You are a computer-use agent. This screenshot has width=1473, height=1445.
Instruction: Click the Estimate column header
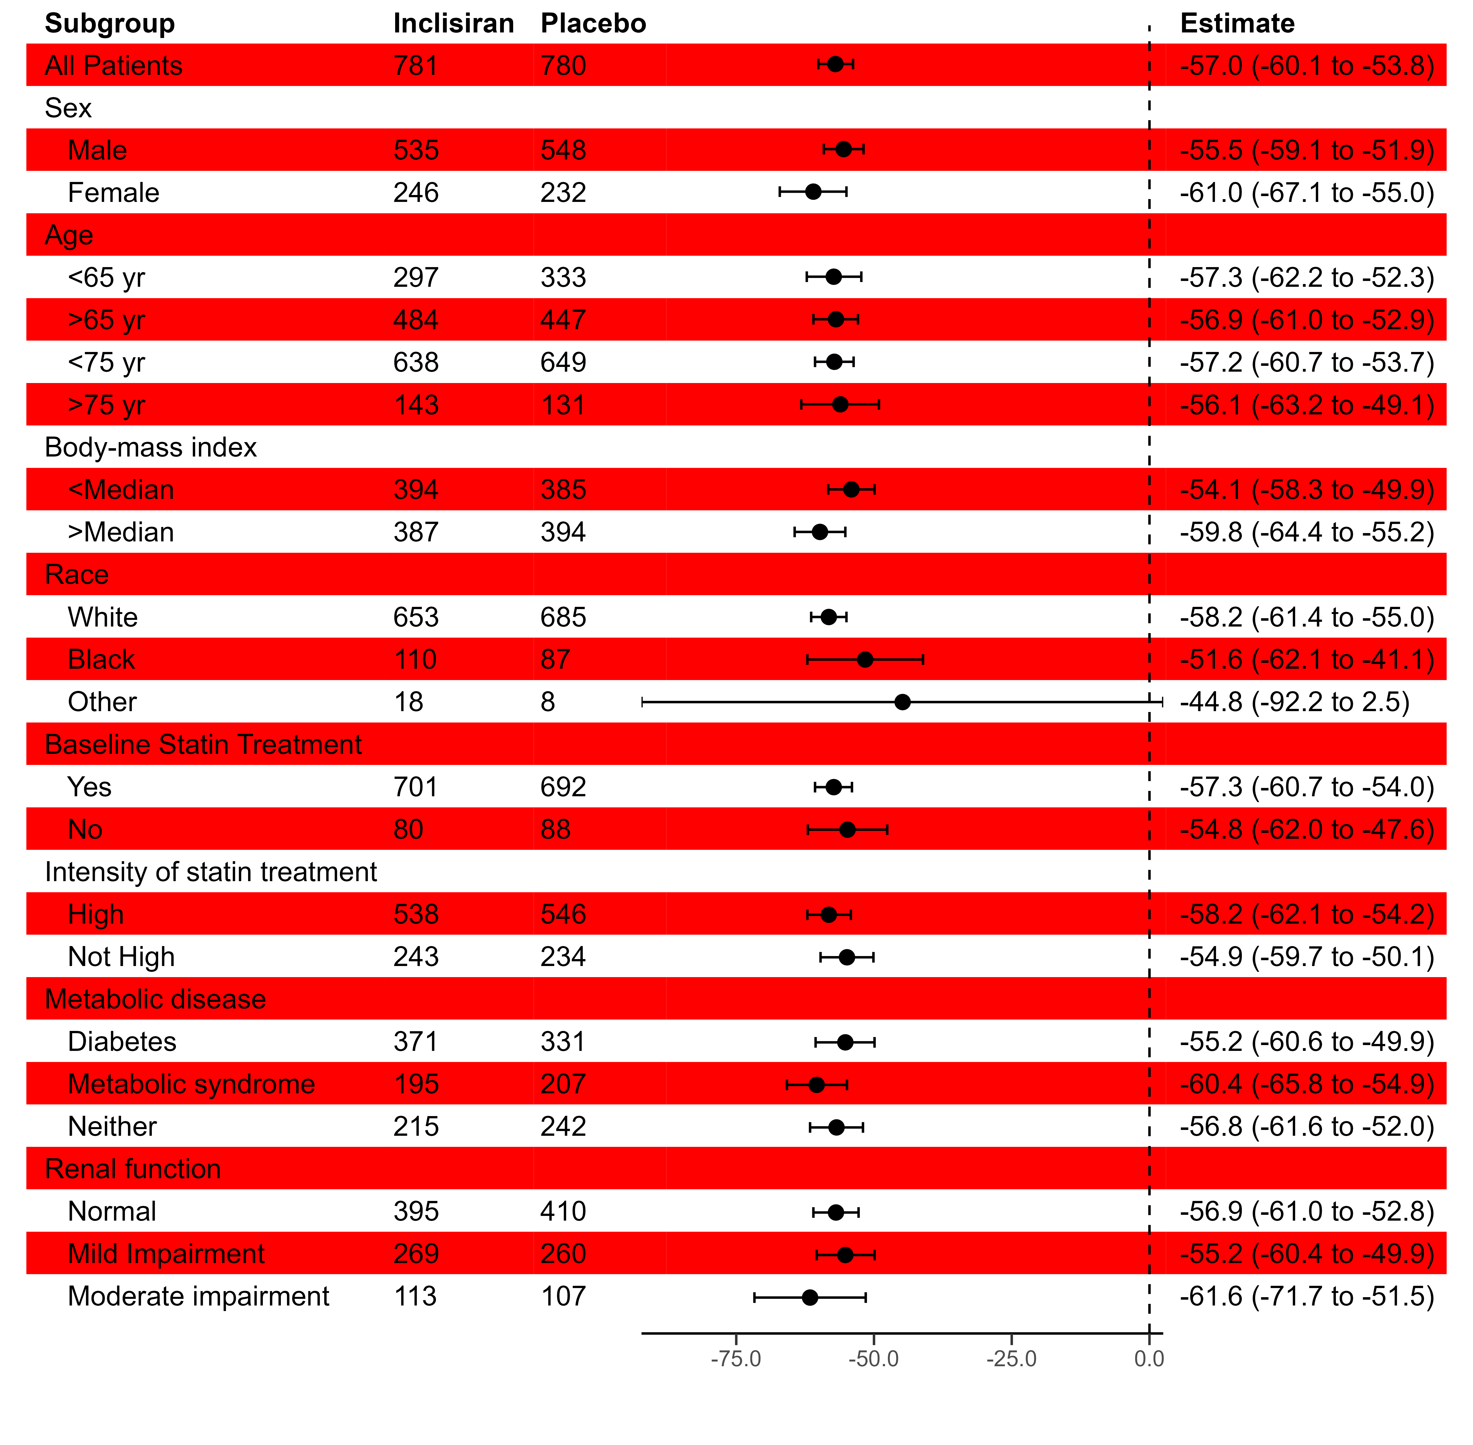(x=1237, y=24)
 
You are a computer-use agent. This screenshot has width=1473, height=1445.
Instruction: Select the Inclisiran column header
(x=453, y=24)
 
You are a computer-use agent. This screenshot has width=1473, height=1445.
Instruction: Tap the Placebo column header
(x=593, y=24)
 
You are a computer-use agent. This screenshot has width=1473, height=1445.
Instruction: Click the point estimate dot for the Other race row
(x=902, y=702)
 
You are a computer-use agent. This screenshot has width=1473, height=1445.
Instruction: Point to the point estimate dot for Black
(x=865, y=660)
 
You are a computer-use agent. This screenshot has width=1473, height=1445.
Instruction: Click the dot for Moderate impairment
(x=810, y=1297)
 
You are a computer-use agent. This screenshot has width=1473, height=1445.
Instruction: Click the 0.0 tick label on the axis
(x=1149, y=1358)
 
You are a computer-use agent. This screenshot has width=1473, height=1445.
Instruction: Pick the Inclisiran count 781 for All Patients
(x=415, y=66)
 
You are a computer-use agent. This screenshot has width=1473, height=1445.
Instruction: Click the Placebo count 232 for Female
(x=563, y=193)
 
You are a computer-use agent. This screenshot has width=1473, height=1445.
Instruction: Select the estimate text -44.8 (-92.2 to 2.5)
(x=1294, y=702)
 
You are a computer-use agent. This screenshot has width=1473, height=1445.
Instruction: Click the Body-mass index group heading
(x=150, y=448)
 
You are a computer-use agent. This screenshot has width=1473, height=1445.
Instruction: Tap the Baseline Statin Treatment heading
(x=203, y=744)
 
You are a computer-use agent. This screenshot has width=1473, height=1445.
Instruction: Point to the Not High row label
(x=121, y=957)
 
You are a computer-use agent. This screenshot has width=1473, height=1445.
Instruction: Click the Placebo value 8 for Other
(x=548, y=702)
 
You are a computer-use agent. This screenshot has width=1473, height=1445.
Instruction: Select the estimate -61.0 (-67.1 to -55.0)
(x=1306, y=193)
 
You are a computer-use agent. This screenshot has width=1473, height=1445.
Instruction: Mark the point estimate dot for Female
(x=813, y=192)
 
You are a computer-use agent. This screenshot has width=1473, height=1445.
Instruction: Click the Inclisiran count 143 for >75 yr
(x=415, y=405)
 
